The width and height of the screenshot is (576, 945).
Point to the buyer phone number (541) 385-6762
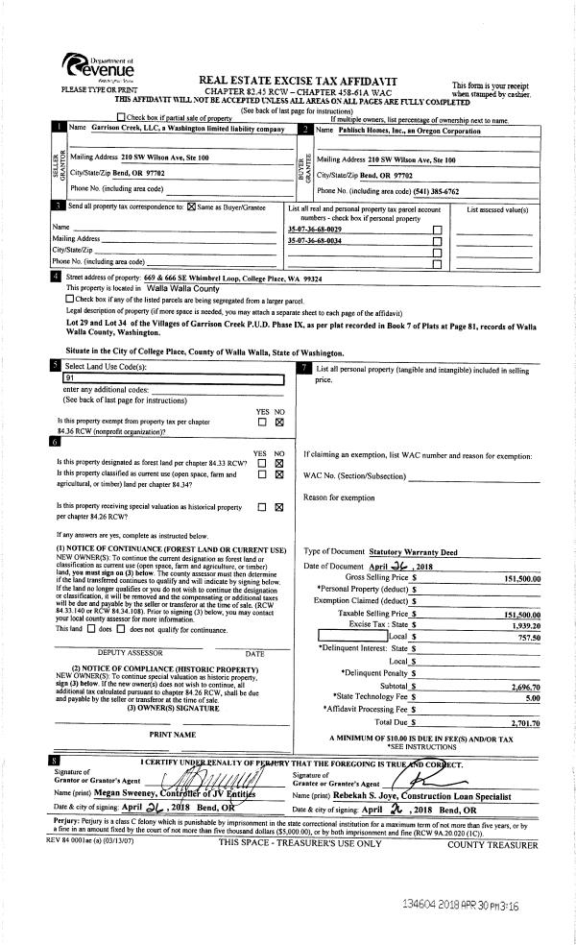pos(423,190)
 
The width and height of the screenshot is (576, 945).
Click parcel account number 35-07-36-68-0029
pos(315,230)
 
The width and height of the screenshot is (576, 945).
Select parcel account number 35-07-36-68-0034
pos(315,240)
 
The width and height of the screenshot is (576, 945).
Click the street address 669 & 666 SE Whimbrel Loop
pos(183,278)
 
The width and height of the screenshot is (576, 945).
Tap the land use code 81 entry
pos(67,378)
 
